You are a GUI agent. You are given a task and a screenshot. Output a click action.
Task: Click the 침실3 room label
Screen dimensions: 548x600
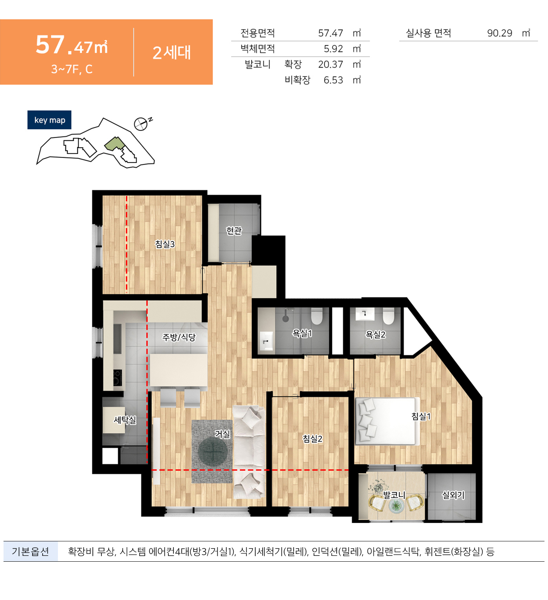click(x=165, y=244)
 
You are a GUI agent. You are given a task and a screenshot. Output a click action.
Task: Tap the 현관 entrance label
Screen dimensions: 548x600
click(x=234, y=231)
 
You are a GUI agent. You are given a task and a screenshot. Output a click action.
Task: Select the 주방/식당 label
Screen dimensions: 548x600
click(x=179, y=337)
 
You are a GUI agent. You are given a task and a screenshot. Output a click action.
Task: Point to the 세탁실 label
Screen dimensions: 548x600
click(x=125, y=420)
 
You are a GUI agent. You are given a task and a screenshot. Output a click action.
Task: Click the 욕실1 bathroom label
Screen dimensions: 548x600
click(x=302, y=333)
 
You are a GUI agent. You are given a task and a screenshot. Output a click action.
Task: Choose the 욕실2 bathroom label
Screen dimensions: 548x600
click(x=375, y=335)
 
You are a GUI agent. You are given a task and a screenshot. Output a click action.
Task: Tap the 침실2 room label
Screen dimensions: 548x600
click(x=312, y=439)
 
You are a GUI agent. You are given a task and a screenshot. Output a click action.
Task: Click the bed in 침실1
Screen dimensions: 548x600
click(x=387, y=421)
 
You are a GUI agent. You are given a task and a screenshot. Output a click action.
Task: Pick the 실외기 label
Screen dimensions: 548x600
click(x=453, y=495)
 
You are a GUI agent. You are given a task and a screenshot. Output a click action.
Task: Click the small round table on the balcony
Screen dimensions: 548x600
click(x=396, y=506)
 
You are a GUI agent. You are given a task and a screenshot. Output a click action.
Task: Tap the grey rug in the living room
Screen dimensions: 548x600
click(x=212, y=451)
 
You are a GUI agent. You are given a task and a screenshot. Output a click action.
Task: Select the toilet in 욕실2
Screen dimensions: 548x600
click(x=388, y=316)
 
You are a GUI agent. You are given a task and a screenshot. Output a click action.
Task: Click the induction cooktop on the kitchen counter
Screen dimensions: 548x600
click(x=117, y=378)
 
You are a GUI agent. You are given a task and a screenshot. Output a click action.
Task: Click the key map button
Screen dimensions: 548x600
click(x=49, y=120)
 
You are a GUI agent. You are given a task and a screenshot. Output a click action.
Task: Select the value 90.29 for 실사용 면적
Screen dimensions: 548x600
click(x=499, y=33)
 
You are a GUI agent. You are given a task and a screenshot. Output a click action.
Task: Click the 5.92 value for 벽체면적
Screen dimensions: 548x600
click(x=333, y=49)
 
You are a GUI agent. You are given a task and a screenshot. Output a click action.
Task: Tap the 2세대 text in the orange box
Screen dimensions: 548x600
click(x=171, y=53)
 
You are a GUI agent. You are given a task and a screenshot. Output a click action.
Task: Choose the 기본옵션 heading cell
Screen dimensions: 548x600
click(x=31, y=552)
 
